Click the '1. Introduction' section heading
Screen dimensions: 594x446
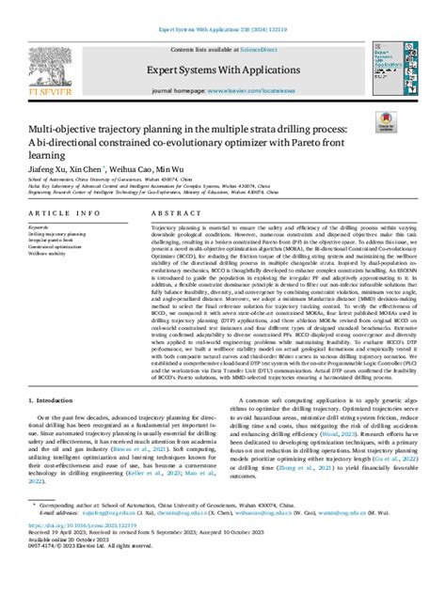(49, 451)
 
